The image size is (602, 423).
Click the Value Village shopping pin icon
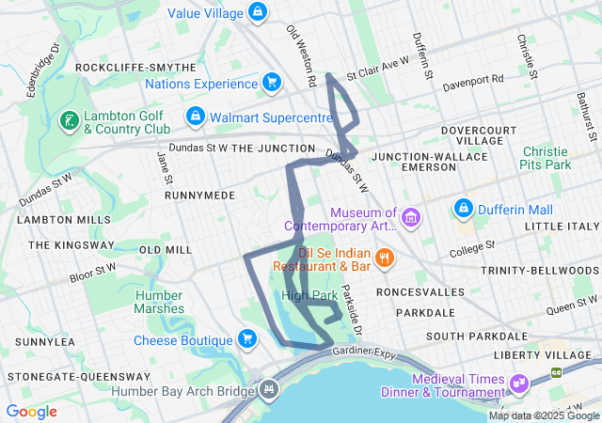256,12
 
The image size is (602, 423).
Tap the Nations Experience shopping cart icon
271,83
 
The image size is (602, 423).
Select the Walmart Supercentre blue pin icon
194,117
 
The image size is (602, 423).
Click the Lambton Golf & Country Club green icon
69,120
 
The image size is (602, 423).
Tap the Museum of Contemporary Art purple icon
409,219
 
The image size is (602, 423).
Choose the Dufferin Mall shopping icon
463,207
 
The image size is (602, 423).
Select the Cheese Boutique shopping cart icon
246,339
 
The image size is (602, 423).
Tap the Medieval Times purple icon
518,384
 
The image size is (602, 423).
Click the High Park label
309,295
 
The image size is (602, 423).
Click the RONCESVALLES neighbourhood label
420,292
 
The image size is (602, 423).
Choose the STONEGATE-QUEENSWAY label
63,375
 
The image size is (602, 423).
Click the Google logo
31,412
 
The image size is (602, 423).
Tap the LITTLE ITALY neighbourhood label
562,227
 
